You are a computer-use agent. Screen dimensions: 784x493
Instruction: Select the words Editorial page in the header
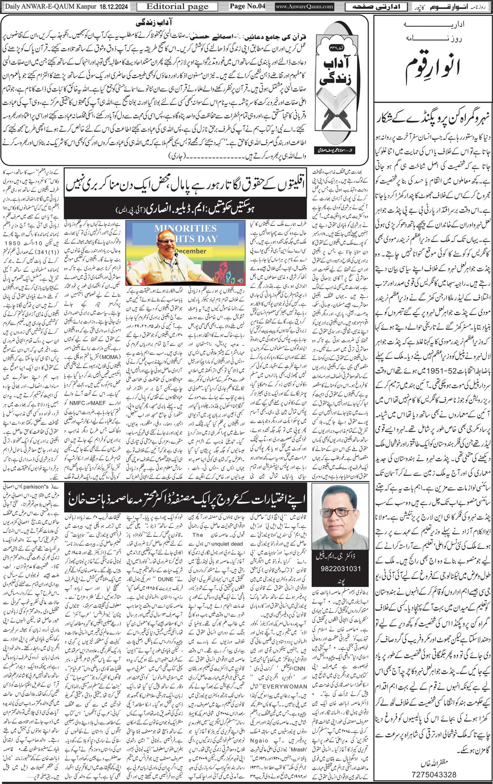(177, 7)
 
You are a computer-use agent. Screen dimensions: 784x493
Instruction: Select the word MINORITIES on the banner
(185, 228)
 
